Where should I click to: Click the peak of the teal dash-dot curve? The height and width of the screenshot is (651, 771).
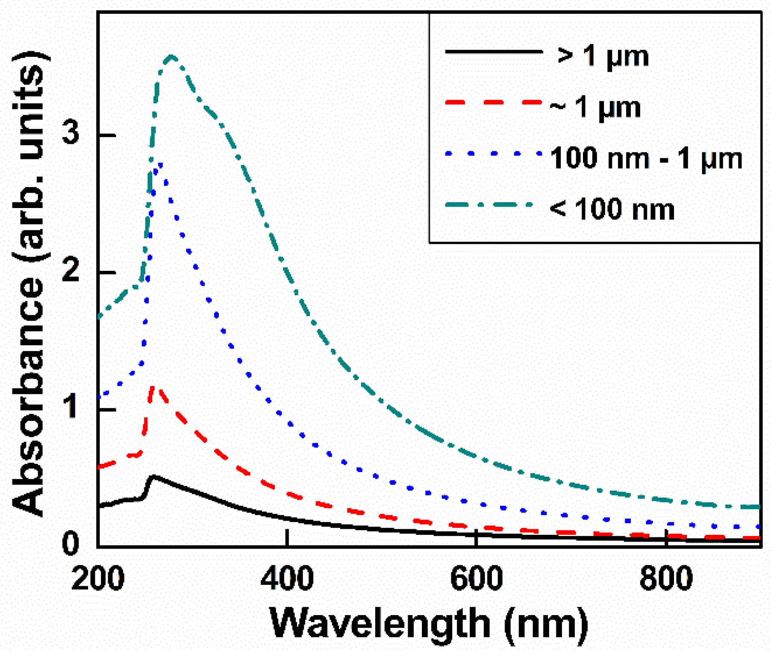pos(172,57)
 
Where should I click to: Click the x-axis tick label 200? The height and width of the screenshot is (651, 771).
pos(97,578)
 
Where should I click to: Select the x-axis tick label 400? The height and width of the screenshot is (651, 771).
pos(287,578)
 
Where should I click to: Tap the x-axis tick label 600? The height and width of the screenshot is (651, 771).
pos(476,578)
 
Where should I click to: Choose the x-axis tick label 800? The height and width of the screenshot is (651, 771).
pos(666,578)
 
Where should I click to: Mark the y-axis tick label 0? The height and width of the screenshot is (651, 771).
pos(71,543)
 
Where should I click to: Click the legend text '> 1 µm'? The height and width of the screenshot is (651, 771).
pos(603,56)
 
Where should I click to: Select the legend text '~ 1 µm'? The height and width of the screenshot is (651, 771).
pos(595,107)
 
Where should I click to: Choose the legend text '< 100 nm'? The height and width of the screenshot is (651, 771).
pos(612,209)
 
